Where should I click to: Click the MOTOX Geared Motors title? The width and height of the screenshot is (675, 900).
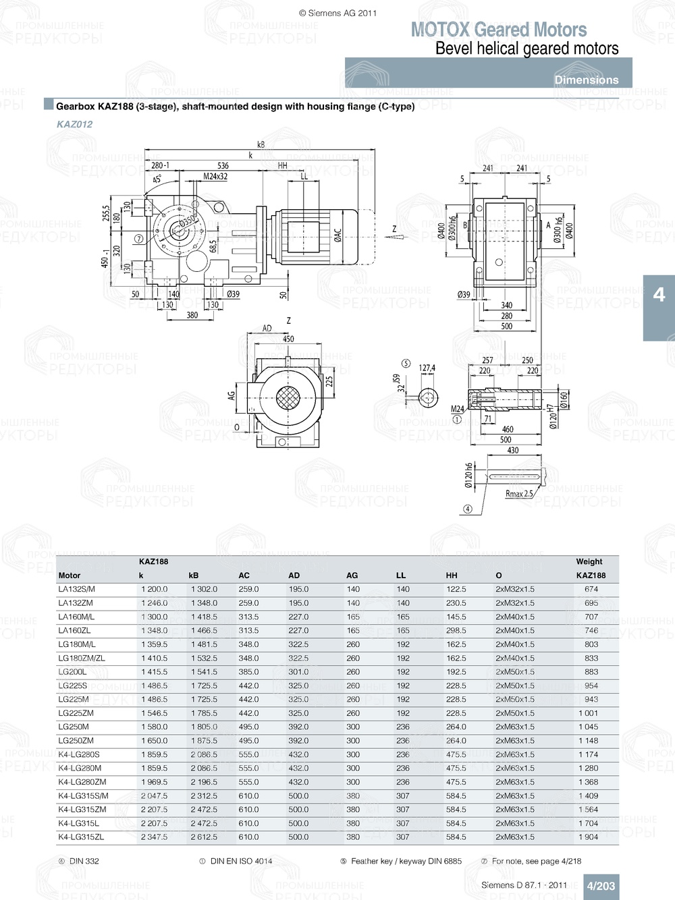click(499, 30)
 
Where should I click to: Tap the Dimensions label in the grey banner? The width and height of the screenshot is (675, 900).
click(586, 80)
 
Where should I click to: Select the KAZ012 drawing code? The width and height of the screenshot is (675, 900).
click(74, 124)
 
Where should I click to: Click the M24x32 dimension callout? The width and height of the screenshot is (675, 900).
click(215, 177)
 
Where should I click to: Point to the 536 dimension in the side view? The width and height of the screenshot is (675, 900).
click(223, 165)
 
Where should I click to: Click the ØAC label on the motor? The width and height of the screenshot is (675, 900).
click(337, 234)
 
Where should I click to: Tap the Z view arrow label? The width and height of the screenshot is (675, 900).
click(394, 229)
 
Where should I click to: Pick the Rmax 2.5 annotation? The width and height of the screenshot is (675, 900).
click(518, 494)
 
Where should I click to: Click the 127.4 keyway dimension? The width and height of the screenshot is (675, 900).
click(427, 368)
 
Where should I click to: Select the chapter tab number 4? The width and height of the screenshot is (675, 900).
click(659, 295)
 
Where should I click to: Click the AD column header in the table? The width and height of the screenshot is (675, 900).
click(294, 575)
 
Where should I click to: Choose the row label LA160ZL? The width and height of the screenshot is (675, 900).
click(74, 631)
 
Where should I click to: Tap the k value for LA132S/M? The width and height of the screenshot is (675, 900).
click(154, 589)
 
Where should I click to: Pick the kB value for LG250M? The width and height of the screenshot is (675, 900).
click(204, 727)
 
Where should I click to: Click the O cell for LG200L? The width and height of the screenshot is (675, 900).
click(514, 672)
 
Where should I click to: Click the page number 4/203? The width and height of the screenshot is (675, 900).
click(600, 886)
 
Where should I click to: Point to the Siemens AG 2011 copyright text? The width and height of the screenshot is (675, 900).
click(337, 13)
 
